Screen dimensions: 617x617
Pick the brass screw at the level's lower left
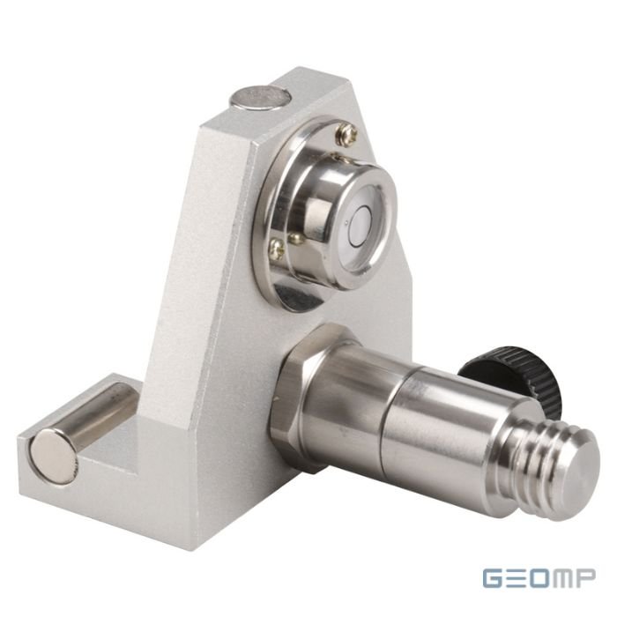coord(279,248)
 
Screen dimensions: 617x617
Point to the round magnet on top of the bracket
coord(261,99)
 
